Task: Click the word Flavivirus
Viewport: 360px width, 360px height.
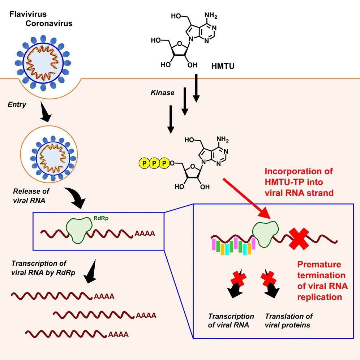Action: (28, 14)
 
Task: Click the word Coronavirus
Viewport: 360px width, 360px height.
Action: (49, 23)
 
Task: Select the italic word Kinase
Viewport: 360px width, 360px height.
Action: (162, 93)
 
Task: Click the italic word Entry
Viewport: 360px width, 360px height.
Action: (17, 104)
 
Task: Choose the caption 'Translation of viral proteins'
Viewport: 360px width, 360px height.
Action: (288, 320)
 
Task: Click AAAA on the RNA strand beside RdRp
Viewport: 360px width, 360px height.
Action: (145, 233)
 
